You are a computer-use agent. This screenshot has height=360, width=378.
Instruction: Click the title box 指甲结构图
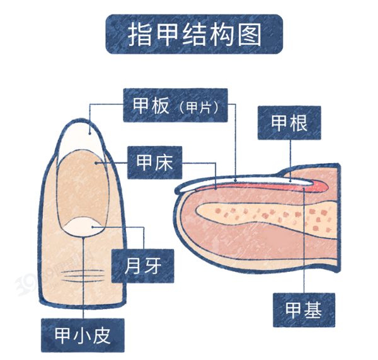tap(194, 34)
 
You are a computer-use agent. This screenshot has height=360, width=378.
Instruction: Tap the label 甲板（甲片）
tap(175, 105)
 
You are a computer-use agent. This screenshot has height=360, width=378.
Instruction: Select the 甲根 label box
tap(289, 123)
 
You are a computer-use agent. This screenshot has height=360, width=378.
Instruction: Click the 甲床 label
tap(154, 162)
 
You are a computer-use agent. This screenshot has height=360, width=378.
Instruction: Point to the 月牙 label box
tap(143, 266)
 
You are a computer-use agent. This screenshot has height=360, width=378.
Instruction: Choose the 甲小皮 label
tap(83, 335)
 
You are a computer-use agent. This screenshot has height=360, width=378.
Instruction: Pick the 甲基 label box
tap(304, 310)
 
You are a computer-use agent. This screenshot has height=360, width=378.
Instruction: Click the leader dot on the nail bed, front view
tap(96, 163)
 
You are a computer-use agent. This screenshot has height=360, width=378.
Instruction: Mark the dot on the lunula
tap(93, 227)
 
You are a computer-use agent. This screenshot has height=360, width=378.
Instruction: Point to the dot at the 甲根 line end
tap(290, 181)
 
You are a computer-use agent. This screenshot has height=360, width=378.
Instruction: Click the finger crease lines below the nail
tap(83, 276)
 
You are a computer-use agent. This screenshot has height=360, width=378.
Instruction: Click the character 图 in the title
tap(249, 35)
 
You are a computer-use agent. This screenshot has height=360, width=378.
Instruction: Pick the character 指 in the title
tap(139, 35)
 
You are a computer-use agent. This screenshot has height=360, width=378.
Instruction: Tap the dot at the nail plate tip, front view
tap(89, 133)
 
